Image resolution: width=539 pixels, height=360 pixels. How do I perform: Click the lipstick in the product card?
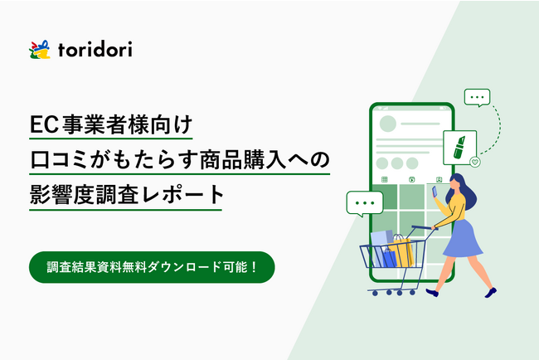tap(458, 146)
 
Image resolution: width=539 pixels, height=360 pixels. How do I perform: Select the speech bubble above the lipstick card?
tap(476, 98)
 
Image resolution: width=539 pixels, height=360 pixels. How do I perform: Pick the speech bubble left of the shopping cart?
tap(364, 203)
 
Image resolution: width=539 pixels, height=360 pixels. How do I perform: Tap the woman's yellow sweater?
tap(458, 207)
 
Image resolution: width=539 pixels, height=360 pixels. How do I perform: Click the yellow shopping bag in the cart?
tap(401, 251)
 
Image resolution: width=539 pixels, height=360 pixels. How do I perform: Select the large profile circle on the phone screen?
tap(387, 125)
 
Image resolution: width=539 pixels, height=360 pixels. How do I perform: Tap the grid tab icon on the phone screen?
tap(385, 178)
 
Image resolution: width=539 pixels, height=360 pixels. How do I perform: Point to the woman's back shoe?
tap(490, 290)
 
